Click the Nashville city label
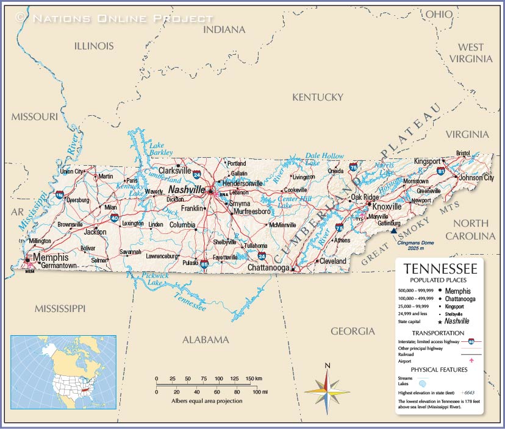click(187, 190)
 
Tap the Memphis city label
click(51, 257)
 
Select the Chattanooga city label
click(268, 268)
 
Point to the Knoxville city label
click(387, 207)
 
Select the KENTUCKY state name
click(318, 97)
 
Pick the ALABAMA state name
click(206, 339)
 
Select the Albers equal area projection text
click(206, 401)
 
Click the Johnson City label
click(476, 178)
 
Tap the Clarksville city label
click(174, 171)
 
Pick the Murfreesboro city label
click(251, 211)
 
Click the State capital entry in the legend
click(414, 321)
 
